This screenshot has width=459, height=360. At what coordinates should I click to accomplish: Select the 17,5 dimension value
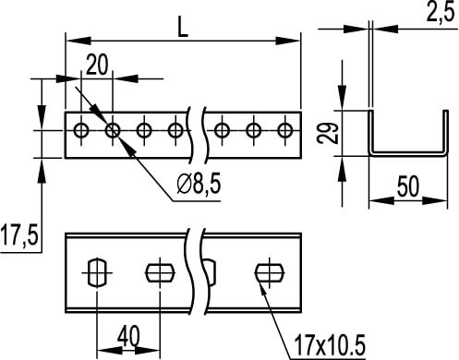coord(18,237)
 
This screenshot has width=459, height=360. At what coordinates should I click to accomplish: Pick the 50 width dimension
coord(408,186)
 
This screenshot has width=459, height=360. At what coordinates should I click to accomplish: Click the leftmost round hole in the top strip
coord(82,130)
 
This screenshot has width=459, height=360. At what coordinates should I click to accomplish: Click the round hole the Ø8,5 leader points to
coord(113,130)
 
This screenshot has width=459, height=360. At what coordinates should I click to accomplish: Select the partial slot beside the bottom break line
coord(211,272)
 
